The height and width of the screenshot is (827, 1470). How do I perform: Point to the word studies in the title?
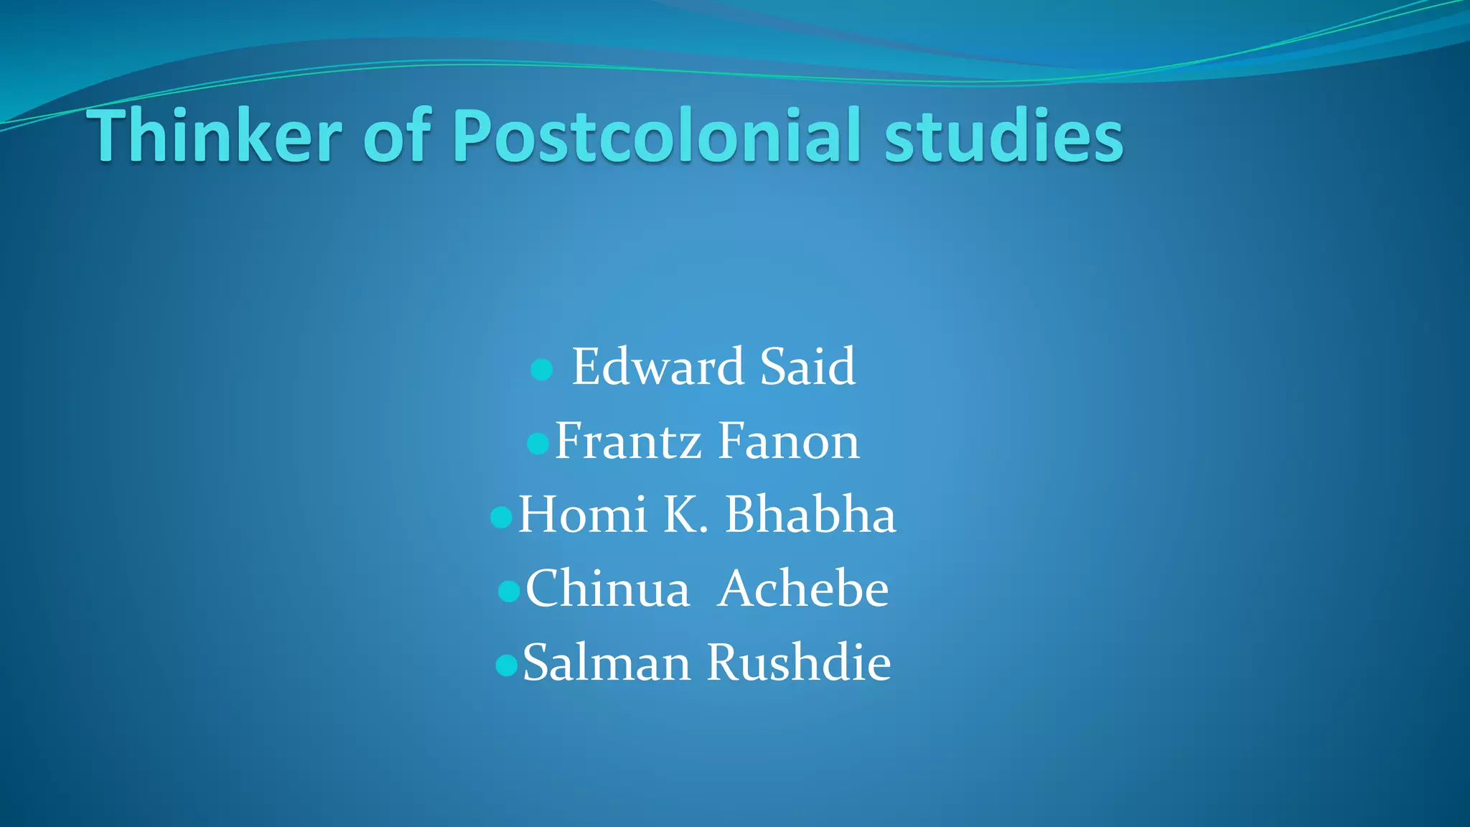[1003, 136]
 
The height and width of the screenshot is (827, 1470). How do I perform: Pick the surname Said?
[807, 367]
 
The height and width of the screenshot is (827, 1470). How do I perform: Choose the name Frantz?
[627, 441]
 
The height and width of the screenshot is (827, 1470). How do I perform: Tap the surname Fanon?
[788, 441]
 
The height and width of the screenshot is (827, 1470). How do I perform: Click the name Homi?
[582, 515]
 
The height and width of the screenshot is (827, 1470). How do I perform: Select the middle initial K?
[685, 515]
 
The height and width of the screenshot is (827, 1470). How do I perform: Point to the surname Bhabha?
[810, 515]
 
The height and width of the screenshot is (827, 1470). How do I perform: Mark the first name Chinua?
[607, 589]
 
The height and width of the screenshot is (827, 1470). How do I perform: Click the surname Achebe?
[803, 589]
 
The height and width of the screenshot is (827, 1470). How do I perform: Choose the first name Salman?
[606, 663]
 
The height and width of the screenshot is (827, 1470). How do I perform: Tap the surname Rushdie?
[799, 663]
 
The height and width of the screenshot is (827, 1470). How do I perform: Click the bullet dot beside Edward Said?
[541, 370]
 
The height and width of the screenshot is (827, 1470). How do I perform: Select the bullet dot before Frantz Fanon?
[538, 443]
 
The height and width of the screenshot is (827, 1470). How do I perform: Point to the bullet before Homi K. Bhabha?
[501, 517]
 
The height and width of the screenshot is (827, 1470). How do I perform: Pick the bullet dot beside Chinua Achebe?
[508, 591]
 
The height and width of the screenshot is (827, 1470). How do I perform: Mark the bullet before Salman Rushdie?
[506, 665]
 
